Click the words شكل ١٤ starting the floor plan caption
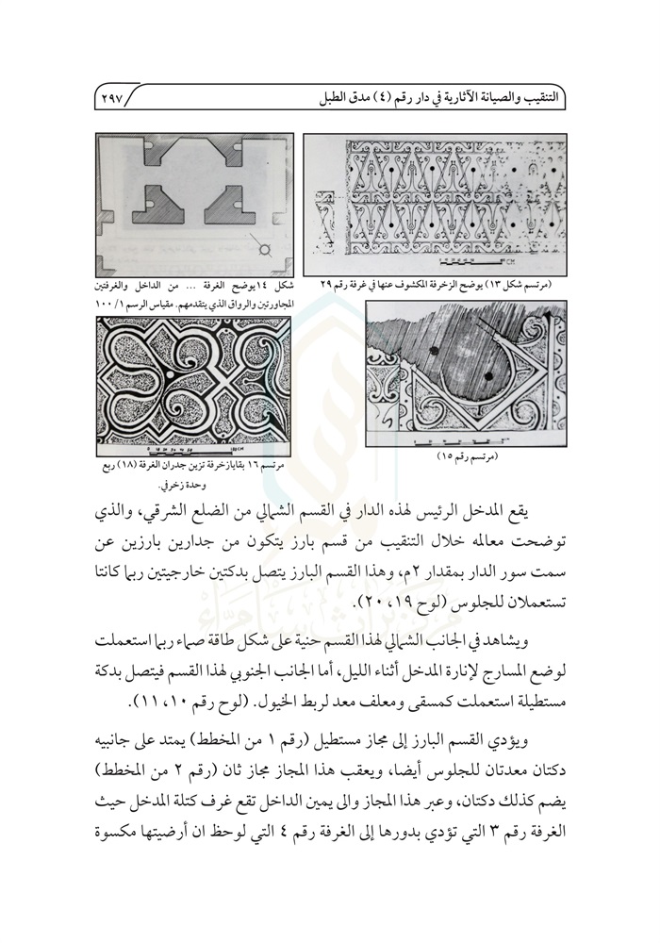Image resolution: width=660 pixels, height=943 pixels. click(x=274, y=284)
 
